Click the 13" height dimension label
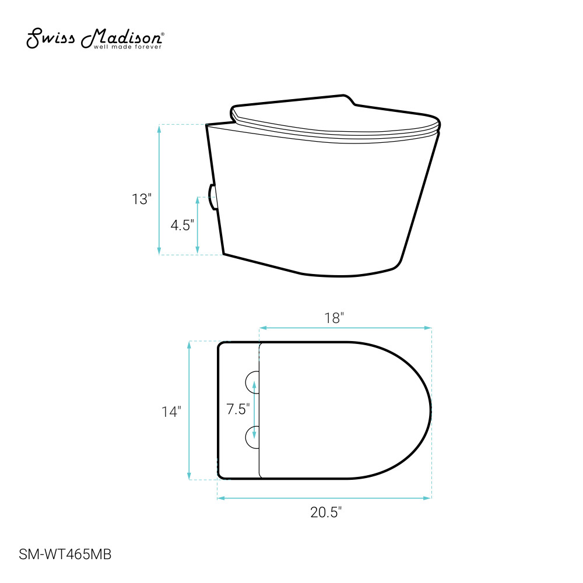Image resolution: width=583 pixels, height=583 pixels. [142, 199]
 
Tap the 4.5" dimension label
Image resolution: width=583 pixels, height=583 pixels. [182, 225]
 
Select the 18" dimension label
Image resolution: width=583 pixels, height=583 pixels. [334, 318]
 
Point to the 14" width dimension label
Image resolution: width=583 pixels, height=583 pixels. [171, 412]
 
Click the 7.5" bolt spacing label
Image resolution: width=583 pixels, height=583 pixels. [238, 409]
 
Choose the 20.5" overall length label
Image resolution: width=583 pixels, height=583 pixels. [326, 512]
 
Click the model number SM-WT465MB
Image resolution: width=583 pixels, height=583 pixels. [65, 554]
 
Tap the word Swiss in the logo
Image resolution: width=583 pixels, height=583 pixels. [51, 38]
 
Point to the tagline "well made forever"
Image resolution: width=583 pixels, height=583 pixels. [128, 47]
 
